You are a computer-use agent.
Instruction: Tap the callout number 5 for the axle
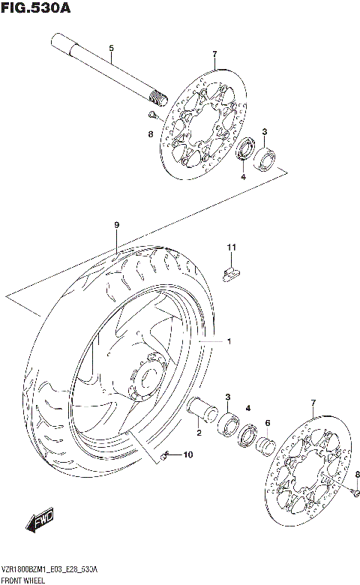pyautogui.click(x=111, y=49)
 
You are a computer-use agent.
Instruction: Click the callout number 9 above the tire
pyautogui.click(x=117, y=225)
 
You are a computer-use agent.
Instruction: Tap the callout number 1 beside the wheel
pyautogui.click(x=229, y=342)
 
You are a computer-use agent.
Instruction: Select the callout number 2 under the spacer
pyautogui.click(x=199, y=433)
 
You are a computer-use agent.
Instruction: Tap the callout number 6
pyautogui.click(x=267, y=424)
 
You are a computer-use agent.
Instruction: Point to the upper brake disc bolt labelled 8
pyautogui.click(x=151, y=115)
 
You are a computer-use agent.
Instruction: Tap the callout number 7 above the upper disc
pyautogui.click(x=214, y=54)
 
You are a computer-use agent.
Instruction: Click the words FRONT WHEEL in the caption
pyautogui.click(x=24, y=580)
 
